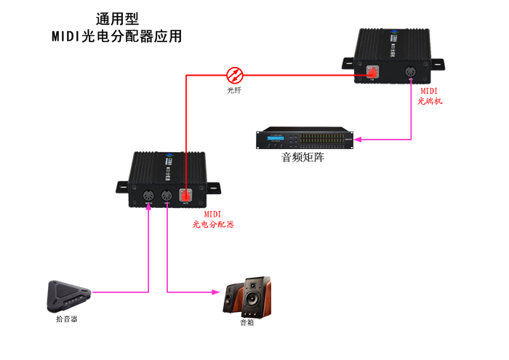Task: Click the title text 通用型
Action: (117, 19)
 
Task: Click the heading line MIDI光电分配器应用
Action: (116, 36)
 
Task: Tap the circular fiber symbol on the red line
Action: (234, 74)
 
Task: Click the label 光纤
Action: (234, 91)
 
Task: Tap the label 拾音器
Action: (66, 319)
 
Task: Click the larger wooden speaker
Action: (257, 294)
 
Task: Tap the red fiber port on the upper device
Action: (372, 72)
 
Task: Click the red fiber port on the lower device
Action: (186, 195)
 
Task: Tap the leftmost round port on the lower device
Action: (148, 195)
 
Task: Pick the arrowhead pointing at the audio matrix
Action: (360, 138)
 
